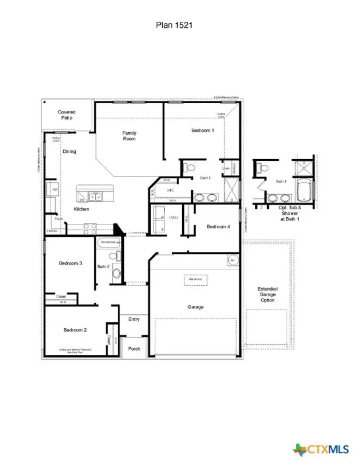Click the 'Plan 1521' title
(x=180, y=25)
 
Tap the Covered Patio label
(x=66, y=115)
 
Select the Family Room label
(x=129, y=136)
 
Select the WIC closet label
(x=171, y=190)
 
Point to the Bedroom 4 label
(x=218, y=226)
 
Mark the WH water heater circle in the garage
(x=232, y=260)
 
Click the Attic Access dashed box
(x=196, y=279)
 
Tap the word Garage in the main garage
(x=195, y=307)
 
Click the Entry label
(x=133, y=319)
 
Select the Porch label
(x=133, y=348)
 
